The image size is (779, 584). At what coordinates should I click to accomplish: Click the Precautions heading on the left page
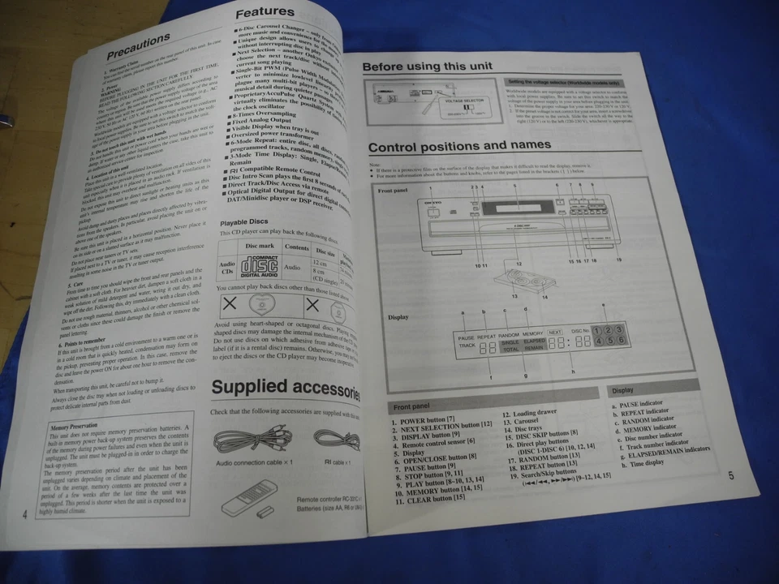point(139,45)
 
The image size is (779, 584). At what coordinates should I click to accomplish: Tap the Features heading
point(265,13)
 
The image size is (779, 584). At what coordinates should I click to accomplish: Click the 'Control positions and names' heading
point(459,146)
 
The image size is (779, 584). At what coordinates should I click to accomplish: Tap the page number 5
point(730,475)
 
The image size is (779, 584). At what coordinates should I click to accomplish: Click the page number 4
point(25,513)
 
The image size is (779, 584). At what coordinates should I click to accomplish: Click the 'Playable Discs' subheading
point(246,221)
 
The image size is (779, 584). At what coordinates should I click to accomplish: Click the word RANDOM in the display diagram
point(508,333)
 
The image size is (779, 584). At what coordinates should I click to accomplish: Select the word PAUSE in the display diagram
point(466,336)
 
